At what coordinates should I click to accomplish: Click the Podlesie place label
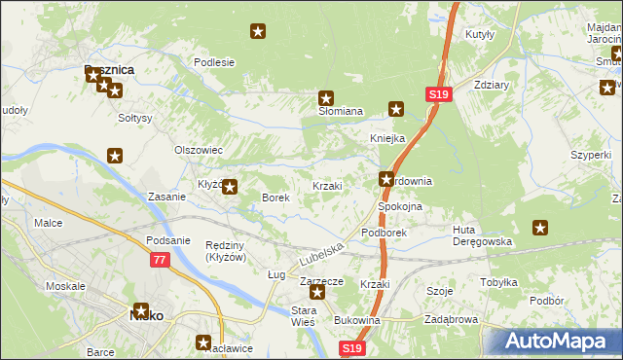tap(214, 62)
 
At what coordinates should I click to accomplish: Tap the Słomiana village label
tap(341, 112)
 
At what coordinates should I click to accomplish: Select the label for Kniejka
tap(386, 138)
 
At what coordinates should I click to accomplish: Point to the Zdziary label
tap(492, 85)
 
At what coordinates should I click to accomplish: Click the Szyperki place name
tap(591, 155)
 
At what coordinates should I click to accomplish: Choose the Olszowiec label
tap(199, 151)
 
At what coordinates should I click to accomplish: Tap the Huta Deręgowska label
tap(482, 235)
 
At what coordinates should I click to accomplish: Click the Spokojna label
tap(399, 207)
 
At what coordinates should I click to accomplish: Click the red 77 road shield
tap(160, 260)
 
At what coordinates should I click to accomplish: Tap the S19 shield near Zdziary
tap(437, 94)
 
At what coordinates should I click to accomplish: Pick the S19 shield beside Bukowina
tap(351, 347)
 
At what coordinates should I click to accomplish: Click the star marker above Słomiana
tap(326, 97)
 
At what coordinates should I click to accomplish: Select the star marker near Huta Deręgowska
tap(540, 228)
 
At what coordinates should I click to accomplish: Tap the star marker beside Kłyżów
tap(230, 187)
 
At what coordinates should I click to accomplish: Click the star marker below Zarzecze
tap(316, 291)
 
